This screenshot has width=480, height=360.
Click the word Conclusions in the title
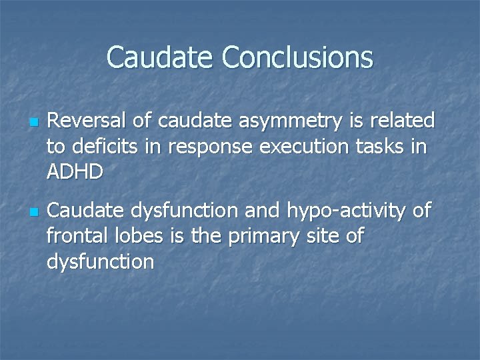[297, 57]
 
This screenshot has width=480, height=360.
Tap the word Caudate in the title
[161, 57]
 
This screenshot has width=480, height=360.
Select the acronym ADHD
[75, 171]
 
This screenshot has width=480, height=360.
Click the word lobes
[135, 237]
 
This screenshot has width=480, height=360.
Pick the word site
[317, 237]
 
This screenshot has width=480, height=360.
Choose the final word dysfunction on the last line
[100, 262]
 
